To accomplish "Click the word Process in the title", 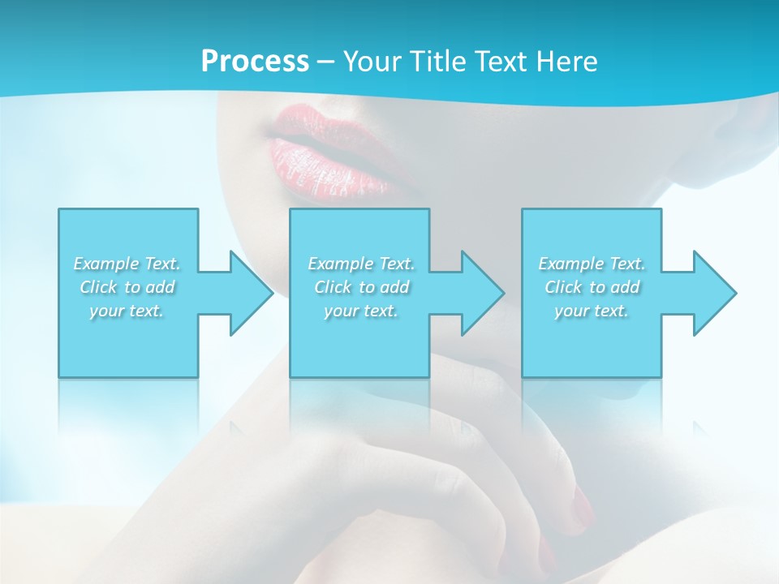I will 255,61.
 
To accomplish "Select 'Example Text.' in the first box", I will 127,264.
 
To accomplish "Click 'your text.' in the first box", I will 127,311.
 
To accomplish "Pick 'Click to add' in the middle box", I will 361,287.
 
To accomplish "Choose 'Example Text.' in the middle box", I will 361,264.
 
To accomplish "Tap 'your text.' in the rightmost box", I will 592,311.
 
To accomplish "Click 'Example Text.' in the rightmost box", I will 592,264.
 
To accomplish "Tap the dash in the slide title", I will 325,62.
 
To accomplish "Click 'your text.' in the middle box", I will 361,311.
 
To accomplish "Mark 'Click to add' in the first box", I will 127,287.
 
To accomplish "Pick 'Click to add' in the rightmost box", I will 592,287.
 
